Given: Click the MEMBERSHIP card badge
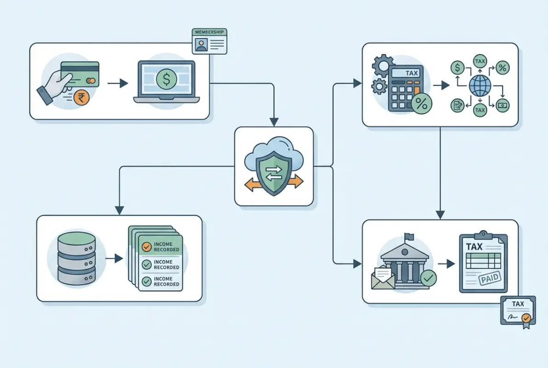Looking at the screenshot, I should point(210,41).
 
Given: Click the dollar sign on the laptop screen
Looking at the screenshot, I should point(166,80).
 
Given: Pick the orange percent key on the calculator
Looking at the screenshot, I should point(421,103).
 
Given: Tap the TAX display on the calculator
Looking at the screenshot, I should point(411,73).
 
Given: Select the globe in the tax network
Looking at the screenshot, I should point(480,86).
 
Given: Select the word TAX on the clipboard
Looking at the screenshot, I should point(474,247).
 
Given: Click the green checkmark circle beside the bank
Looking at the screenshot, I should point(428,277).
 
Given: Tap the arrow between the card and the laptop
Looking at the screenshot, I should point(117,83).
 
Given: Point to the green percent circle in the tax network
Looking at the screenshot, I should point(502,68).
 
